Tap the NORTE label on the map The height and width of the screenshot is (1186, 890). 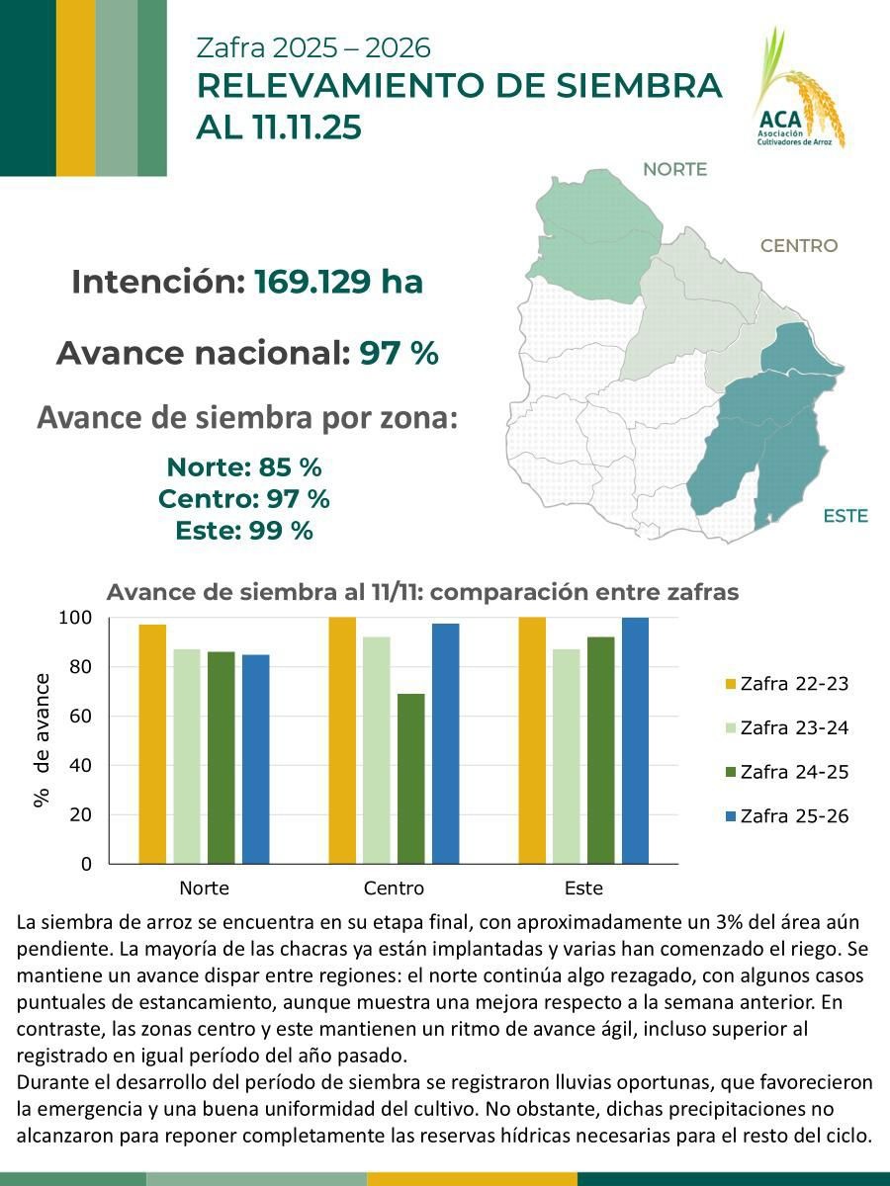(x=674, y=169)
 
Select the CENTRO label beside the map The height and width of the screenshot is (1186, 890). (x=798, y=246)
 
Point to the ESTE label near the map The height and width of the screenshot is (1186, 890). (x=845, y=516)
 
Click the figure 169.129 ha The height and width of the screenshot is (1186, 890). (x=338, y=283)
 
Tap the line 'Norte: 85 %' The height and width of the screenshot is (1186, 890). (x=244, y=466)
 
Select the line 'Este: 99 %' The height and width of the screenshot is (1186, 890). (x=244, y=530)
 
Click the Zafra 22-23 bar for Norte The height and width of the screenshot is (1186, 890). (x=152, y=744)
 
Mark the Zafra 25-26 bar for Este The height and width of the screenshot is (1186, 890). (x=635, y=740)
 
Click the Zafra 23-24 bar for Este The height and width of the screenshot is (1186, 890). (x=567, y=756)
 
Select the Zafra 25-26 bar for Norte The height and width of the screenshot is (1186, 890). (x=255, y=759)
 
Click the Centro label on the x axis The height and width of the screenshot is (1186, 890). (x=394, y=888)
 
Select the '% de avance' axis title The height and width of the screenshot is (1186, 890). (x=42, y=740)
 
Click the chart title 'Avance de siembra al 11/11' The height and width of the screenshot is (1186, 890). (x=422, y=593)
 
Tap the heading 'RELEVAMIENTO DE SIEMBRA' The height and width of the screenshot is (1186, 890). (x=459, y=86)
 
